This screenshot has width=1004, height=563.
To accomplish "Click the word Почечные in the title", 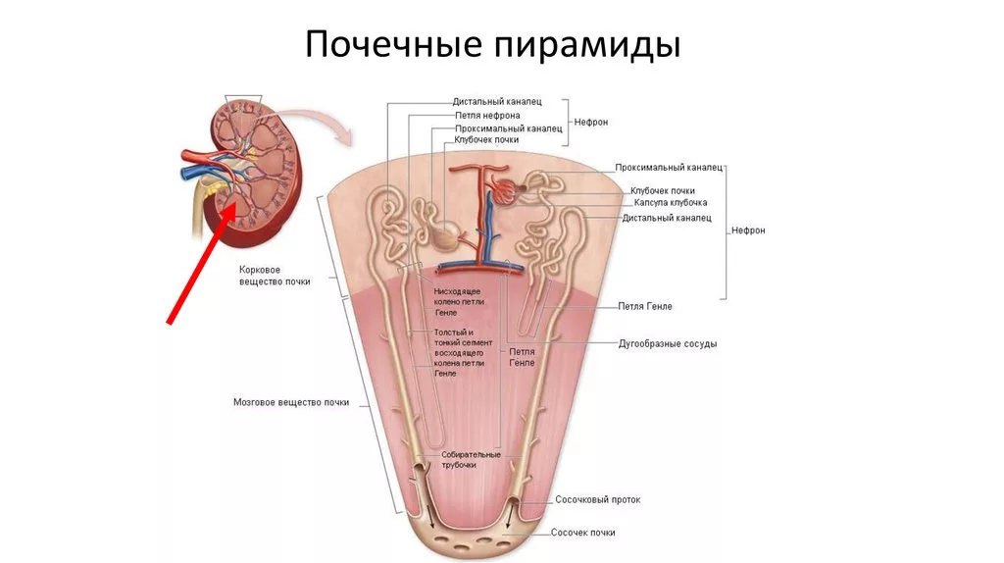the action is coord(392,45).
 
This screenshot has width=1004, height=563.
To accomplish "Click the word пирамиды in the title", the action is coord(588,46).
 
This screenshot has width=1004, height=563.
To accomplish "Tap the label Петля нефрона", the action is coord(487,116).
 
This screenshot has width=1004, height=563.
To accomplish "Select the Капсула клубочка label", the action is coord(671,202).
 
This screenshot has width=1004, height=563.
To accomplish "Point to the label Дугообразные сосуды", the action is coord(667,344).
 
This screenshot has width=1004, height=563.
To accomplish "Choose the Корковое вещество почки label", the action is coord(275,276).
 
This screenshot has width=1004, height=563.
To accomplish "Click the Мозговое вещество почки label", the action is coord(290,402).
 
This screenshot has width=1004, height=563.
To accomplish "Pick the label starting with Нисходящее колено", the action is coord(459,302).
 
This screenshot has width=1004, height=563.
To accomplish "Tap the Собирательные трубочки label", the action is coord(471,460).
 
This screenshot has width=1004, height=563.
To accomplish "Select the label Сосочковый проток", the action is coord(597,499).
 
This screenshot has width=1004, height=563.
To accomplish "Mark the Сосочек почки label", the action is coord(582,533).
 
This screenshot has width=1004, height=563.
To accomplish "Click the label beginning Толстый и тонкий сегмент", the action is coord(459,352).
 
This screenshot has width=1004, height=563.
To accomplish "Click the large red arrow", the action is coord(201,263).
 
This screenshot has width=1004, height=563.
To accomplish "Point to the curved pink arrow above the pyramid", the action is coord(322,120).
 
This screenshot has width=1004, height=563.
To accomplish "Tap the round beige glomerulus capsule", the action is coord(445,235).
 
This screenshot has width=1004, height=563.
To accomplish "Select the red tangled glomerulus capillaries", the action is coord(505,191).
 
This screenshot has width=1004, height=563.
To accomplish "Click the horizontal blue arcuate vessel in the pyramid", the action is coord(480,267).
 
